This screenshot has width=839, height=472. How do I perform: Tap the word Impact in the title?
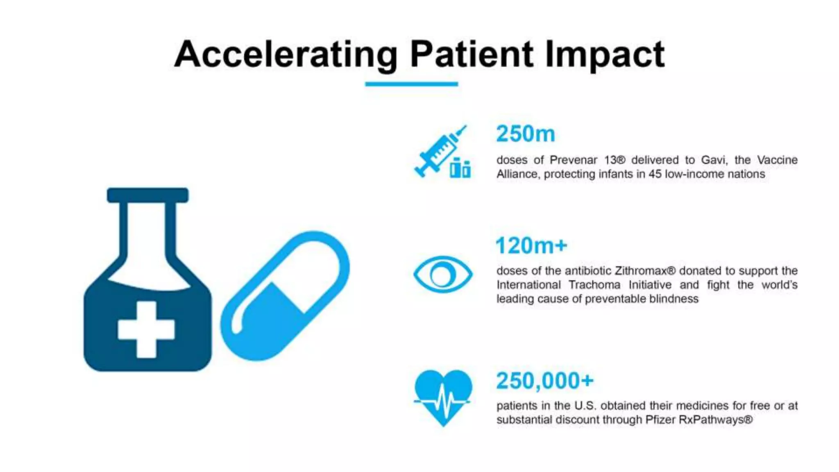tap(605, 54)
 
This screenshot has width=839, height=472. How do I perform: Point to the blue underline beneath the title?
tap(411, 84)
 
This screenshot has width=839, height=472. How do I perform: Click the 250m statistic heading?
tap(525, 134)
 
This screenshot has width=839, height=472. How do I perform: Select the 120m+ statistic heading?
tap(531, 246)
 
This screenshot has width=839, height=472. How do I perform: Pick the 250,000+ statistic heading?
tap(544, 381)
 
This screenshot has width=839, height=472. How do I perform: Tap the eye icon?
tap(442, 275)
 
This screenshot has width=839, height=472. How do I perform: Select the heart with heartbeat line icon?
tap(443, 397)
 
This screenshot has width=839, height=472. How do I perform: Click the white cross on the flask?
tap(146, 329)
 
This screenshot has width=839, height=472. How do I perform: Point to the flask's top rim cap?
tap(147, 195)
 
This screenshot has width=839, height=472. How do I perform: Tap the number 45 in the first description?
tap(655, 174)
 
